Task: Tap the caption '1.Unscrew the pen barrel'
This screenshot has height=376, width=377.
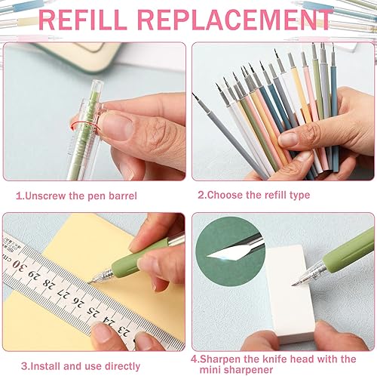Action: pyautogui.click(x=76, y=195)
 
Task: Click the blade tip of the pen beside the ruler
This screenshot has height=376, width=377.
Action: pyautogui.click(x=88, y=281)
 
